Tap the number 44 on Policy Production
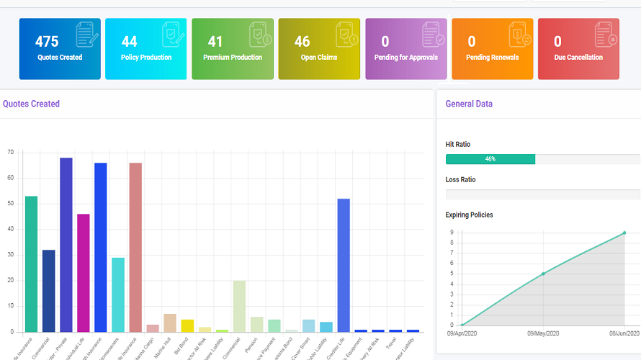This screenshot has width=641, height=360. tap(129, 42)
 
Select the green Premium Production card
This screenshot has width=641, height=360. tap(233, 49)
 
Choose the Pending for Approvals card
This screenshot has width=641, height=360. tap(405, 49)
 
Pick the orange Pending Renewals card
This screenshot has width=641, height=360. tap(492, 49)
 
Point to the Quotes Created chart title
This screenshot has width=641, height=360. tap(31, 104)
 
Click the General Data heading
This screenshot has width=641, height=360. tap(469, 104)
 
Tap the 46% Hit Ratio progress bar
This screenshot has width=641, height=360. tap(490, 159)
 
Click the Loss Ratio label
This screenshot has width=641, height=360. tap(460, 179)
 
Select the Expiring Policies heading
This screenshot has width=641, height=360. tap(469, 215)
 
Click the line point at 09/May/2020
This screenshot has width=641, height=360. tap(543, 274)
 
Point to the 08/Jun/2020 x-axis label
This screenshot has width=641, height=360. tap(624, 334)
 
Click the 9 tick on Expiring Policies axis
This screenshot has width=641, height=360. tap(451, 233)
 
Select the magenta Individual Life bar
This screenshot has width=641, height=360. tap(84, 273)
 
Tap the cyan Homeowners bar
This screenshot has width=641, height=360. tap(118, 294)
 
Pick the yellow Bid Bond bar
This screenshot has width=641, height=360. tap(187, 325)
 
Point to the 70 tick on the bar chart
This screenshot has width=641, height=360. tap(10, 153)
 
